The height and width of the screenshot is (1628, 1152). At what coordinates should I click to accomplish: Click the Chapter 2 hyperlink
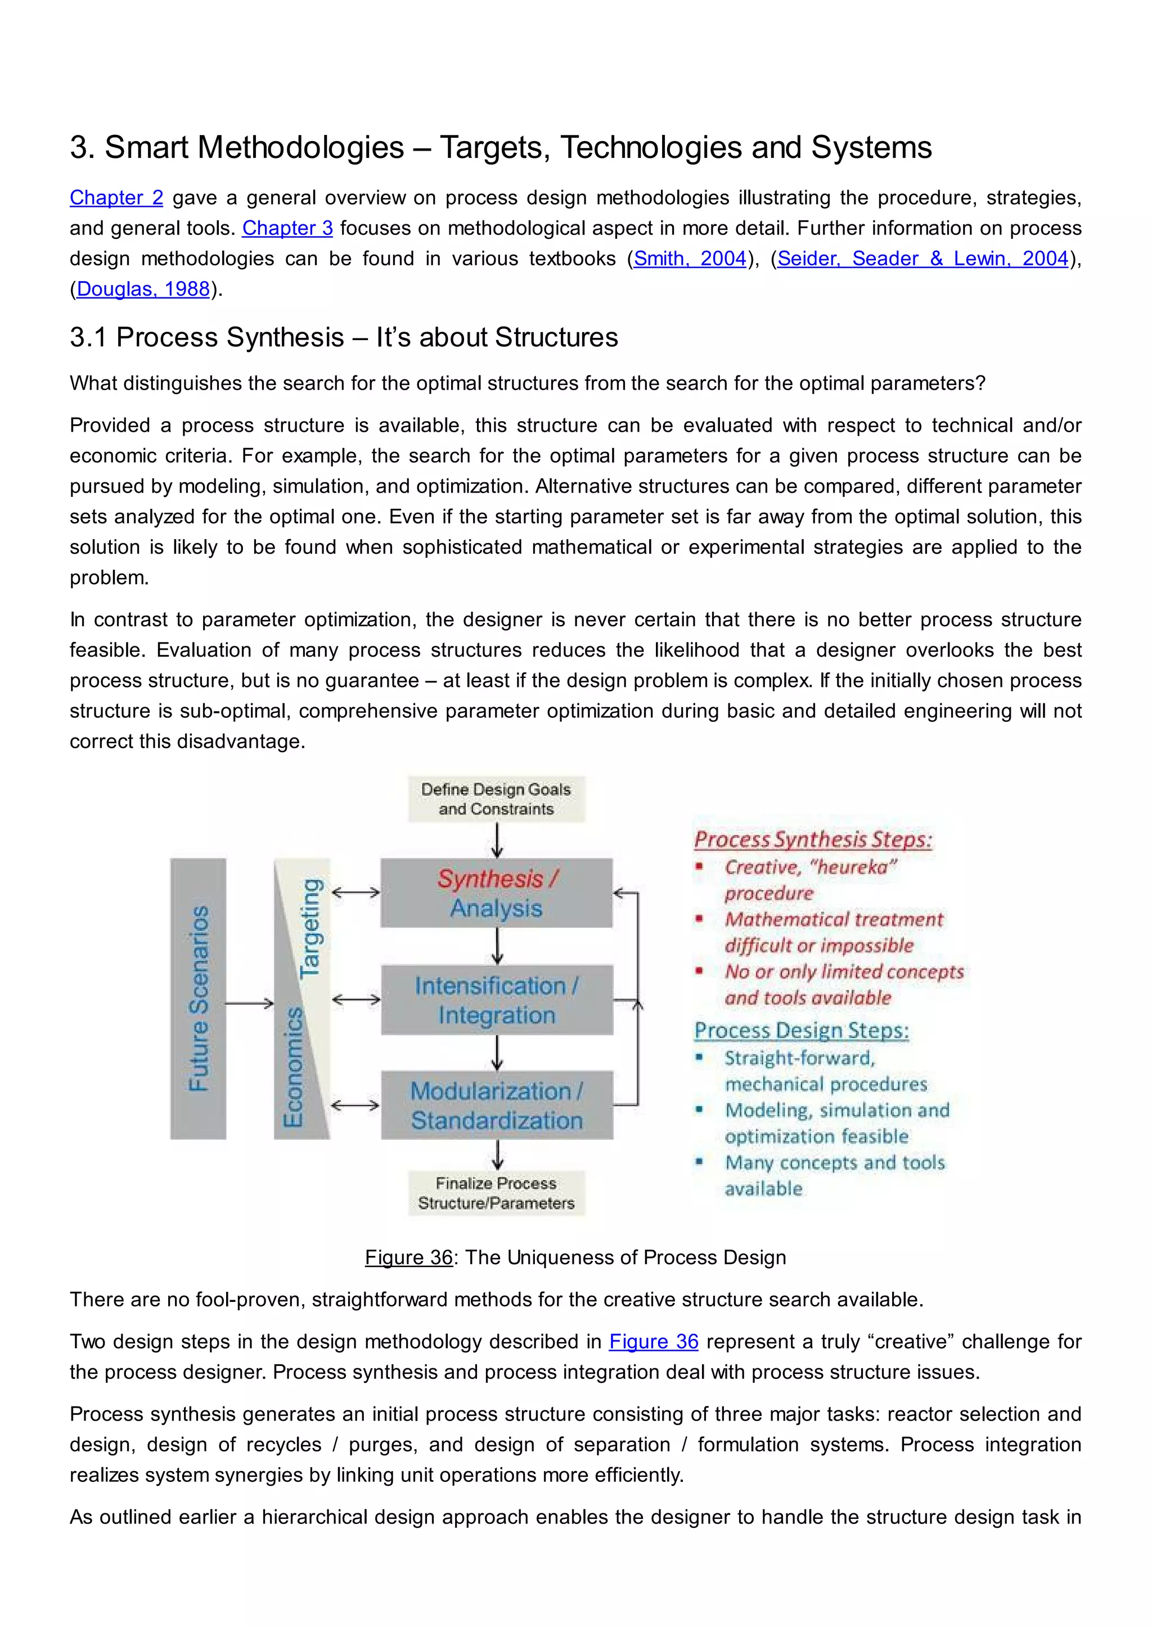pos(116,198)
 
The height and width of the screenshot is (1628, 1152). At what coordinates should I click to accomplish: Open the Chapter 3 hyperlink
pos(287,228)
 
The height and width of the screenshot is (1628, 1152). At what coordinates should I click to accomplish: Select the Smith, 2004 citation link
pos(690,259)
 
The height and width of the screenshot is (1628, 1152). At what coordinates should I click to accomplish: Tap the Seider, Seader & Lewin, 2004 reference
pos(922,259)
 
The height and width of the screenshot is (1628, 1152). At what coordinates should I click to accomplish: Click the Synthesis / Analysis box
pos(497,893)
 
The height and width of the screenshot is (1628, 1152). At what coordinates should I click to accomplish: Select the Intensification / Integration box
pos(497,1000)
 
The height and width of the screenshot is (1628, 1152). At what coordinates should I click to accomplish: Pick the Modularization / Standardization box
pos(497,1105)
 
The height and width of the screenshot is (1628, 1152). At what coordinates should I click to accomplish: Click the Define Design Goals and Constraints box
pos(497,799)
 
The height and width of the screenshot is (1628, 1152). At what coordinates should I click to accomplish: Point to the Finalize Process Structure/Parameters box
pos(497,1193)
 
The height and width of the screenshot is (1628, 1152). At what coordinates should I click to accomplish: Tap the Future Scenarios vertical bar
pos(198,998)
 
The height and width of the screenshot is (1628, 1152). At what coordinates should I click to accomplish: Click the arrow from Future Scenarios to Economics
pos(250,1003)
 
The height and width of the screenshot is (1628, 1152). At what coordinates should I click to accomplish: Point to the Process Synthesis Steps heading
pos(813,839)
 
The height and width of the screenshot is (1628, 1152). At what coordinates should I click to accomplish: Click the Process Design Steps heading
pos(802,1030)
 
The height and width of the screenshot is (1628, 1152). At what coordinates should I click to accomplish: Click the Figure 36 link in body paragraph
pos(653,1341)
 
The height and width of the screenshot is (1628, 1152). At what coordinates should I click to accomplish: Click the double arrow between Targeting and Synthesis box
pos(356,893)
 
